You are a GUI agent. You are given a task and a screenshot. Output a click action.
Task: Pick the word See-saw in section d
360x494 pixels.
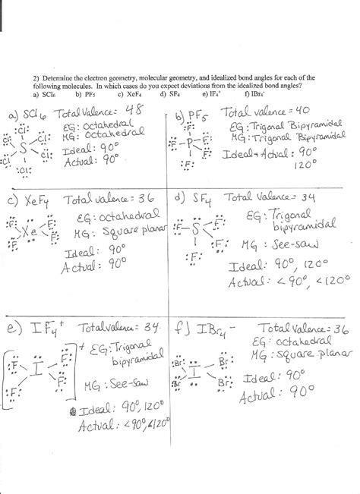coord(292,244)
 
